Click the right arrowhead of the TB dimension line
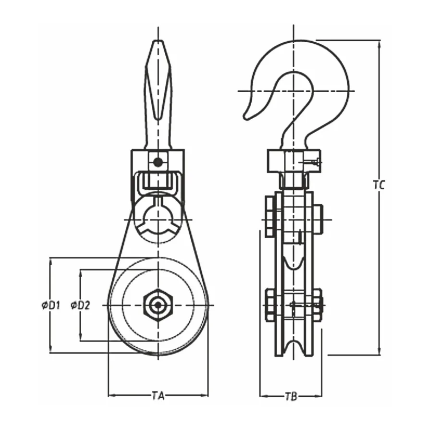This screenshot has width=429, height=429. pos(319,396)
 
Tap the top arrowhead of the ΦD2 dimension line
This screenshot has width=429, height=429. pos(80,273)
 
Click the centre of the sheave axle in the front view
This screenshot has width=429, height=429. pos(158,305)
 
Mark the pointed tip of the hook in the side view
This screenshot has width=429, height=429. pos(245,118)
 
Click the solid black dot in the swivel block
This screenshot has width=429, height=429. pos(157,162)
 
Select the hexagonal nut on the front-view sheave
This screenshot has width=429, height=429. pos(158,305)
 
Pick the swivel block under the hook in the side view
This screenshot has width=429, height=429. pos(294,161)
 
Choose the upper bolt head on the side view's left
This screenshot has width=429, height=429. pos(270,216)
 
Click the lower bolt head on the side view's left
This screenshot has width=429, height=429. pos(270,305)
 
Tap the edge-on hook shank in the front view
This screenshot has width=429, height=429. pos(158,94)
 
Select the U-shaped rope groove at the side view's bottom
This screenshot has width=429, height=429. pos(294,348)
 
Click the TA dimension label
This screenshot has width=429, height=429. pos(158,396)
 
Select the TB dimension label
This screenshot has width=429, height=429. pos(291,396)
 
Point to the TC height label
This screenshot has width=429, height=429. pos(379,185)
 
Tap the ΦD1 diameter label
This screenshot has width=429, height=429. pos(51,305)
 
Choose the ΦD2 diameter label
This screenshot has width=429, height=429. pos(80,305)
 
